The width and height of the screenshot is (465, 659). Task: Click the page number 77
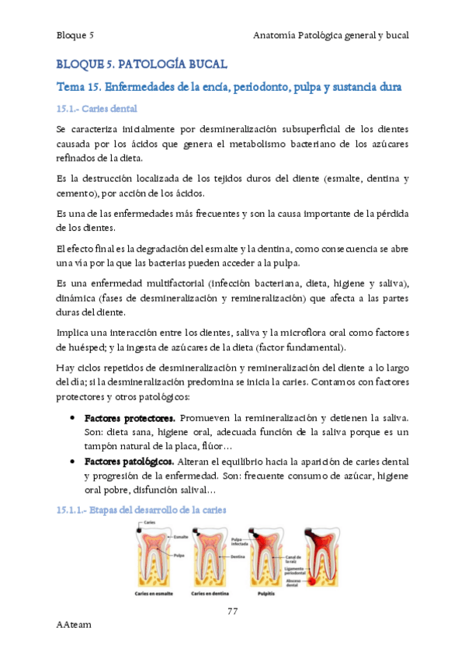pyautogui.click(x=232, y=611)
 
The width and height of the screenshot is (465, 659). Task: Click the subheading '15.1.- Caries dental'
pyautogui.click(x=97, y=109)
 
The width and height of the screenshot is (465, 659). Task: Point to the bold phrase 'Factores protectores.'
pyautogui.click(x=130, y=419)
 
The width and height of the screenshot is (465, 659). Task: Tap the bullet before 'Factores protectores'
pyautogui.click(x=72, y=419)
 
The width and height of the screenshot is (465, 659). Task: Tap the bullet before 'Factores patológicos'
pyautogui.click(x=72, y=462)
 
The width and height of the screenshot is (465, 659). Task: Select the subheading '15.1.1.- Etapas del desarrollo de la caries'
pyautogui.click(x=141, y=510)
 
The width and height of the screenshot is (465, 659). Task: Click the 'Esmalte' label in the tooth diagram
pyautogui.click(x=182, y=537)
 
